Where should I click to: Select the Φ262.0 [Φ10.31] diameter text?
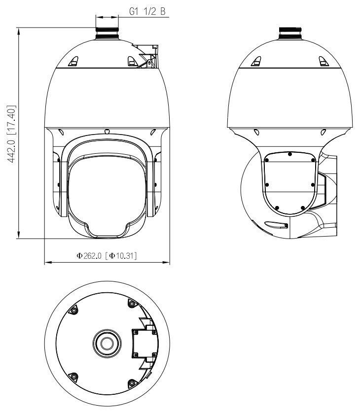pos(106,255)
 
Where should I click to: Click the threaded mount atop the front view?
pos(107,30)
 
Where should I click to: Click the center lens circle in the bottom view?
pos(107,342)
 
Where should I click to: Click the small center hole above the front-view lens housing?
pos(107,131)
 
